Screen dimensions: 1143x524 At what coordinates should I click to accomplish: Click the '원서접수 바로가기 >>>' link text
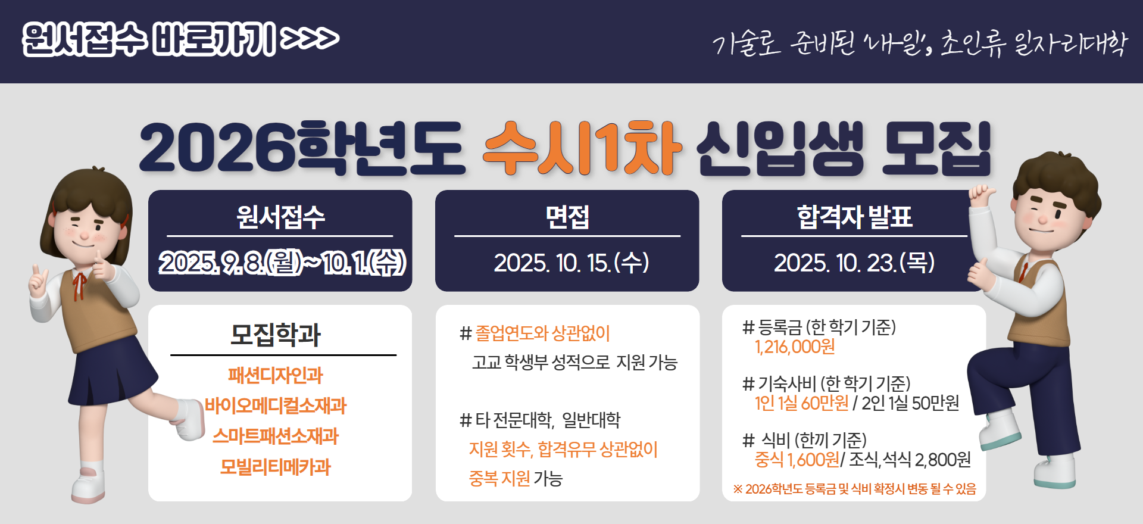pyautogui.click(x=181, y=39)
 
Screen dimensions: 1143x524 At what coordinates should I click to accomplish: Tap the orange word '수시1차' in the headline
pyautogui.click(x=582, y=148)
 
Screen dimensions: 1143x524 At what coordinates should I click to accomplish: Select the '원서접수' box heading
pyautogui.click(x=280, y=217)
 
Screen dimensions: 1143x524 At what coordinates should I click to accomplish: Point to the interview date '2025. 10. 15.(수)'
pyautogui.click(x=571, y=263)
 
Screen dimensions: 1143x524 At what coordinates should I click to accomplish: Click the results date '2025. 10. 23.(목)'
pyautogui.click(x=854, y=263)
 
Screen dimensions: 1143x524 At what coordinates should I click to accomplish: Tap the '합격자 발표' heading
pyautogui.click(x=854, y=217)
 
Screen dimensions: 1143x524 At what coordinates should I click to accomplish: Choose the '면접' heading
pyautogui.click(x=567, y=217)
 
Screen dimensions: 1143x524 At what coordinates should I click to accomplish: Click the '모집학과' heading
pyautogui.click(x=276, y=334)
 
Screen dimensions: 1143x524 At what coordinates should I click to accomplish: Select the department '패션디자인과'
pyautogui.click(x=275, y=375)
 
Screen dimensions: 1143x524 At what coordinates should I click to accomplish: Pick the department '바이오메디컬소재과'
pyautogui.click(x=276, y=406)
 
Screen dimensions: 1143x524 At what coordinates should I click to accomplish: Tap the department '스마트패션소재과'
pyautogui.click(x=276, y=436)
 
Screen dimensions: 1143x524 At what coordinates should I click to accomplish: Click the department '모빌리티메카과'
pyautogui.click(x=275, y=467)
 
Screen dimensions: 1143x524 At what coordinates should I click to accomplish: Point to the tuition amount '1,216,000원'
pyautogui.click(x=795, y=347)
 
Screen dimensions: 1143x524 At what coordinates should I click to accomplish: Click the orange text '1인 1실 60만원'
pyautogui.click(x=801, y=403)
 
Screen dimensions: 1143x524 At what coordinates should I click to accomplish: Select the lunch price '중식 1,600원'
pyautogui.click(x=797, y=460)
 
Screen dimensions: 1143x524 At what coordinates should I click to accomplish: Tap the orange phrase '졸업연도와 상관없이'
pyautogui.click(x=543, y=333)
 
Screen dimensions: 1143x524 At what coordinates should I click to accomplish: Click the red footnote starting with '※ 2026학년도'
pyautogui.click(x=854, y=489)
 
